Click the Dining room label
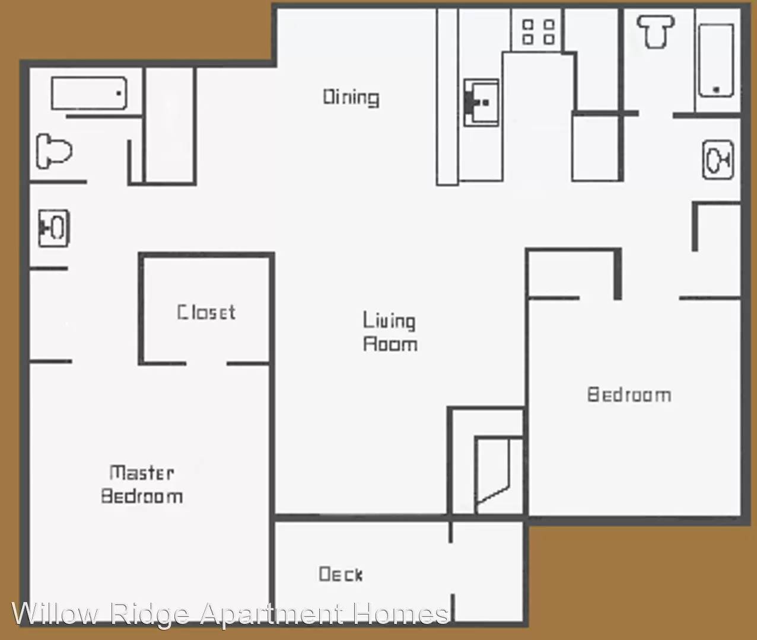point(351,97)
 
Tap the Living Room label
point(390,332)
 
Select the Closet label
point(206,312)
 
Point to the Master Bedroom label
point(141,484)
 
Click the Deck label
point(341,574)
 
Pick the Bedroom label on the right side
point(629,395)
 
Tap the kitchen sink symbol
point(481,103)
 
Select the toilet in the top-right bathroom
point(655,30)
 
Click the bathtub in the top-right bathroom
point(715,60)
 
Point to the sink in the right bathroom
point(717,159)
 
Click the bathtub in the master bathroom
point(89,94)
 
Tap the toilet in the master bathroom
point(53,151)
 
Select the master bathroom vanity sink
point(53,228)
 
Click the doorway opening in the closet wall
point(206,363)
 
